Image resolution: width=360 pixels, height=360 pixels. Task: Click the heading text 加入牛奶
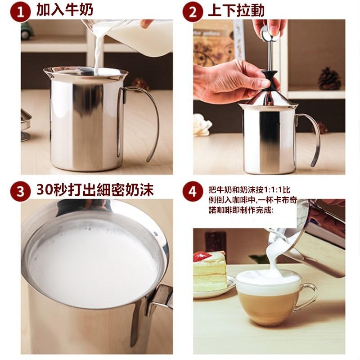(65, 11)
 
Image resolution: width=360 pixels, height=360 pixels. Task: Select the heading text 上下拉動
(236, 11)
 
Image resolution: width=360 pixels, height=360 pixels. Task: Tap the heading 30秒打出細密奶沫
(95, 190)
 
